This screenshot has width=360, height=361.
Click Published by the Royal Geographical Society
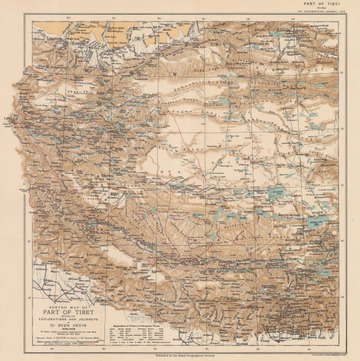click(180, 355)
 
